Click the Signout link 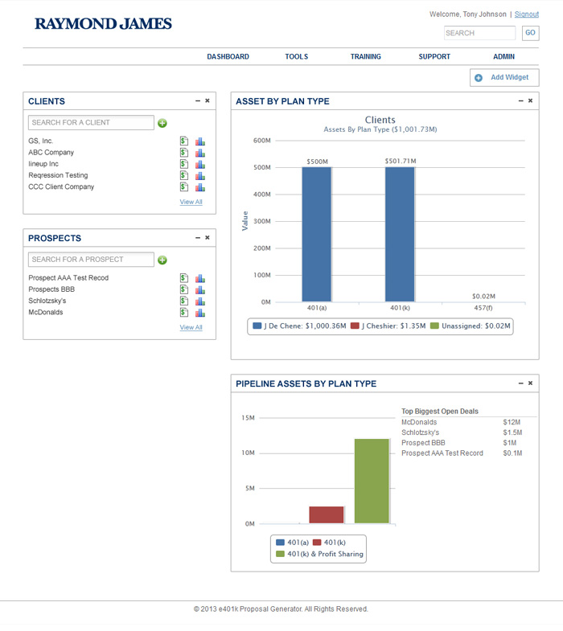527,14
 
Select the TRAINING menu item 365,57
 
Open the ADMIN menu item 503,57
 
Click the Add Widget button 504,77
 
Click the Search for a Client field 91,123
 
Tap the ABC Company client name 51,153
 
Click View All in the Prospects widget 191,327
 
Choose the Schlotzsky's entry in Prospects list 47,301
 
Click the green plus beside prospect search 162,260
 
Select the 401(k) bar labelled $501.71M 400,234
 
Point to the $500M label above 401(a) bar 317,162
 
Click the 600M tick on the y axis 262,141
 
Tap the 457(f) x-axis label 483,308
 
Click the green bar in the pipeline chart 372,481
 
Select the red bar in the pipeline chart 327,514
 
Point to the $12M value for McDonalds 512,422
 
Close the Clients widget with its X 208,100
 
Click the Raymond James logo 103,24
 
